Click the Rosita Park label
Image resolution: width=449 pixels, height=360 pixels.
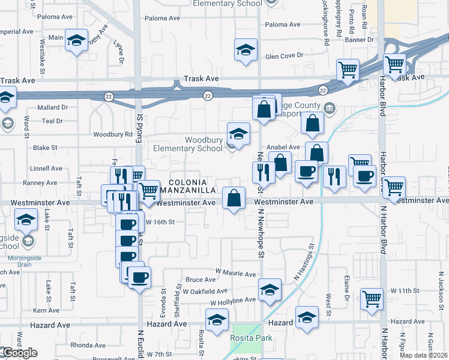(251, 338)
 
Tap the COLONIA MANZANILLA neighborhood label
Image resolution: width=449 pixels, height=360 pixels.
(191, 186)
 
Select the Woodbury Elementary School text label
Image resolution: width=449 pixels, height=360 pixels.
(187, 144)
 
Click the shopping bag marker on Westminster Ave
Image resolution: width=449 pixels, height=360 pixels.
(234, 197)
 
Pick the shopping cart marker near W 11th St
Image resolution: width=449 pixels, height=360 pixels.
(372, 298)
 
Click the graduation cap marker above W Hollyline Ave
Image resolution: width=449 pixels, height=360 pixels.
(270, 290)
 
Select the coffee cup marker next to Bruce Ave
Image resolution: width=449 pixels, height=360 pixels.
(140, 278)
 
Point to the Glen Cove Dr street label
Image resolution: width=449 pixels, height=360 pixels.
(285, 56)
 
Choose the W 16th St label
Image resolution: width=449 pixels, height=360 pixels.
(160, 221)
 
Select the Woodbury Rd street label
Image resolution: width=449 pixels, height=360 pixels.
(112, 134)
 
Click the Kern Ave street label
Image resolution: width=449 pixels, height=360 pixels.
(46, 310)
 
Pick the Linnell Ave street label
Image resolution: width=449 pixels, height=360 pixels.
(42, 169)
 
